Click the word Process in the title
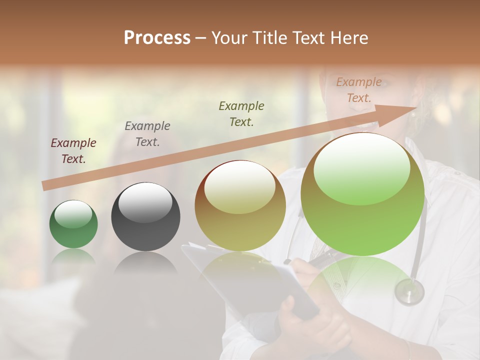pos(157,38)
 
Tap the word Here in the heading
pos(348,38)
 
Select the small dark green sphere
pos(73,224)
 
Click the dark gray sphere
pos(145,217)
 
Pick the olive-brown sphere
pos(240,206)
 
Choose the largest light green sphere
pos(362,195)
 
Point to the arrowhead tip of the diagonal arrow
pos(416,107)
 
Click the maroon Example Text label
pos(73,151)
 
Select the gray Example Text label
pos(147,134)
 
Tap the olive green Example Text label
pos(241,114)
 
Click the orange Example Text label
pos(359,90)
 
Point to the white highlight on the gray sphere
pos(145,203)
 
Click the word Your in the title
pos(230,38)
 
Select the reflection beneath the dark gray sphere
pos(145,262)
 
